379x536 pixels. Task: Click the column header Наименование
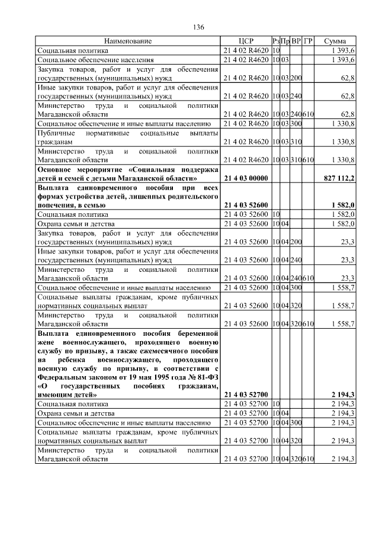128,41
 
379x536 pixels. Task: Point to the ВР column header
296,41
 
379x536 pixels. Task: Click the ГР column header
308,41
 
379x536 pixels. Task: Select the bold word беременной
178,333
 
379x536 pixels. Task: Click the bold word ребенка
79,359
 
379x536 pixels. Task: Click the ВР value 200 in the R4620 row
296,78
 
